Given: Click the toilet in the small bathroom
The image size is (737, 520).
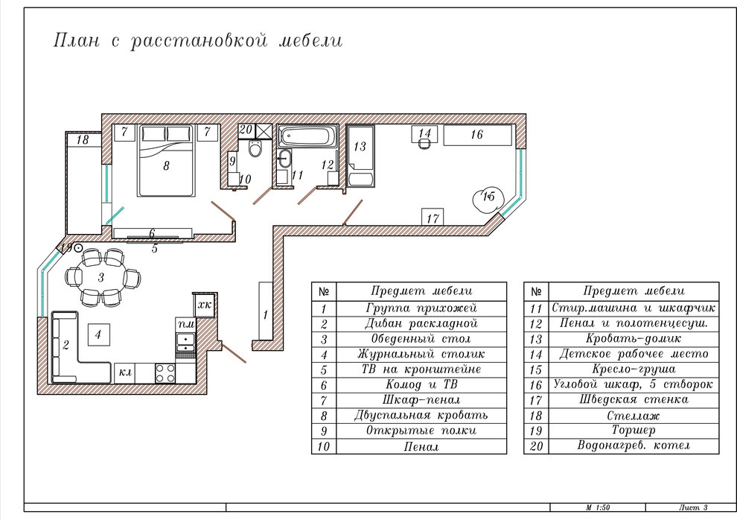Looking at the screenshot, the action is coord(255,148).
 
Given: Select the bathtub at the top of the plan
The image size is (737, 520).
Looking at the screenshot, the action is coord(307,136).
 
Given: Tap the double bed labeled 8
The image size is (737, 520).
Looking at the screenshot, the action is coord(165,160).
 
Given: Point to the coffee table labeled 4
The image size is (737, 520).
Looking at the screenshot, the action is coord(98,334).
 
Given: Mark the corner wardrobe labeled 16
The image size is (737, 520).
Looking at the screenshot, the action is coord(477,135).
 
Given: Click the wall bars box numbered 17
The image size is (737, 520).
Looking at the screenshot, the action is coord(433,218).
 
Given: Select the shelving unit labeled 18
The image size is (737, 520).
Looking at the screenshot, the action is coord(83,139).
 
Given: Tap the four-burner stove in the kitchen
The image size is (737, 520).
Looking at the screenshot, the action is coord(165,373).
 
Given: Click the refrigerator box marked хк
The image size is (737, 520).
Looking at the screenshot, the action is coord(205,305).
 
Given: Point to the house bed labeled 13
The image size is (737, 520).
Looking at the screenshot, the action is coord(360,156).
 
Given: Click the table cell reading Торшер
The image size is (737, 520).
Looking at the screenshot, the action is coord(634,430).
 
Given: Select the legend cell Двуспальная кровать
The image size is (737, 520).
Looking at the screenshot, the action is coord(421,416).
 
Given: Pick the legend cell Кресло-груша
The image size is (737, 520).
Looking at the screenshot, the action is coord(634,370).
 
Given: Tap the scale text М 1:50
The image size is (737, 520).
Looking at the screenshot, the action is coord(598,508).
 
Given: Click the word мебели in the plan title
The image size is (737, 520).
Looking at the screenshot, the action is coord(310,40).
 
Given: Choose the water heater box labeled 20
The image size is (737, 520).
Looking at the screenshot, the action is coord(246,130).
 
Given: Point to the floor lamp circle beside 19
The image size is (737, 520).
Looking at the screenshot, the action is coord(78,247).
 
